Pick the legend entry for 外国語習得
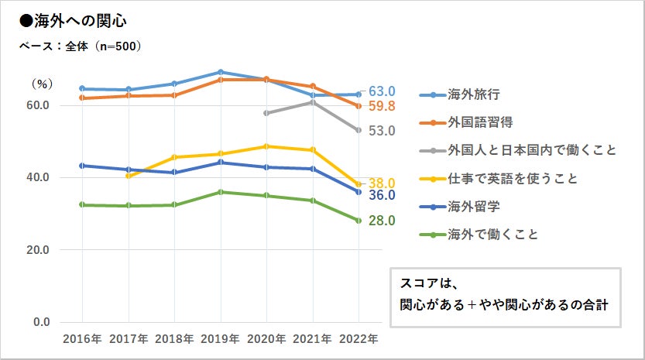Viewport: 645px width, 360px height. pos(480,122)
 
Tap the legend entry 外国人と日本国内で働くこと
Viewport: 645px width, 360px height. pos(531,150)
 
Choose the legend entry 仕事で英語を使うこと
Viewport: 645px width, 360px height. pos(513,179)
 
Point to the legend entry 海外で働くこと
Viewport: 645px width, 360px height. pos(492,234)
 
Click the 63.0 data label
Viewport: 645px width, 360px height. pos(383,91)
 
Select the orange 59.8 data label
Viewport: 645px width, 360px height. pos(383,106)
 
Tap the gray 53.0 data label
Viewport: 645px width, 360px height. pos(383,131)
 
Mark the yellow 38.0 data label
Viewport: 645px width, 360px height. pos(383,183)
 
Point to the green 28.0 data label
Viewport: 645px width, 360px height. pos(383,221)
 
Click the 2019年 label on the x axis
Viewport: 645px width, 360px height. pos(221,339)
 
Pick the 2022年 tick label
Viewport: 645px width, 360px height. pos(359,339)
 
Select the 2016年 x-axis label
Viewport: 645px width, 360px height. pos(82,339)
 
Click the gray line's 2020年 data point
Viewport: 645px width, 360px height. pos(266,113)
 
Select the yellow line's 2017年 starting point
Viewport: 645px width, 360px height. pos(128,176)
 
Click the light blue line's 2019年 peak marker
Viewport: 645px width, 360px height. pos(221,72)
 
